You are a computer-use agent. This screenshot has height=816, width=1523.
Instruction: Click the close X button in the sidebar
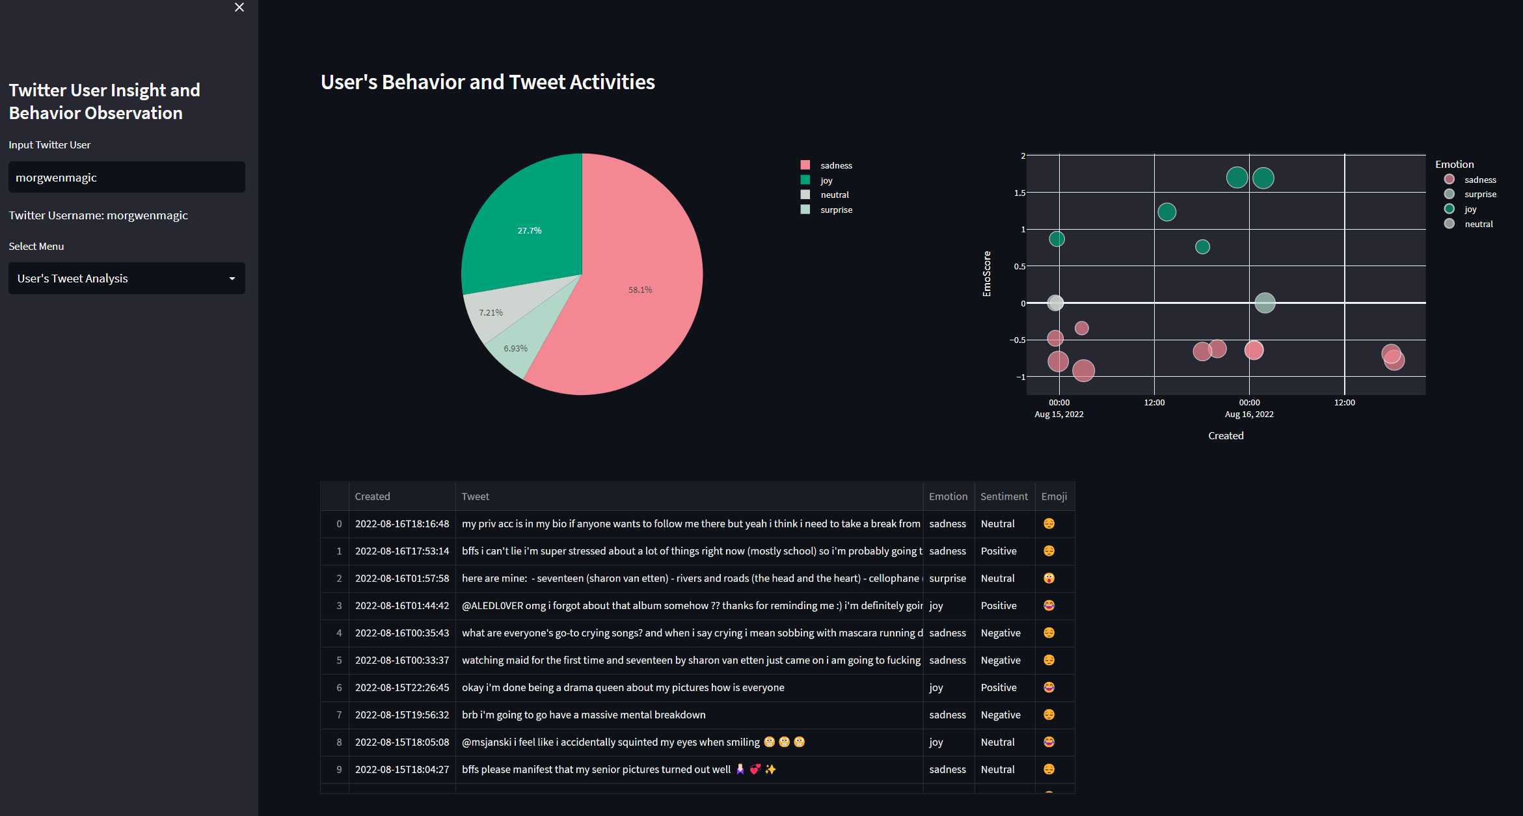point(239,7)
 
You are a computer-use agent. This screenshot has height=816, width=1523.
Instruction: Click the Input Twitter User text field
point(126,177)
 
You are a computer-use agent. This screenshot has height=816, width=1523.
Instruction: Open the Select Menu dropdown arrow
point(232,279)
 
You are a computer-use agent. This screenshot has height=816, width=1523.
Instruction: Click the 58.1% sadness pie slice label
point(640,290)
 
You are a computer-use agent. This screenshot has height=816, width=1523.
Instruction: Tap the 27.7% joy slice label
point(530,230)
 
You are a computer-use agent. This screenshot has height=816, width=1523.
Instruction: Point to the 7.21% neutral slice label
point(491,312)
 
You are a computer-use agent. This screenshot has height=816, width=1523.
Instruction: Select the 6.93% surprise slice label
point(515,348)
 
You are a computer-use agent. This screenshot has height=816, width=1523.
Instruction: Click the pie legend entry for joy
point(826,180)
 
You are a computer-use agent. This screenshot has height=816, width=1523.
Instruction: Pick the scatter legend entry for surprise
point(1480,194)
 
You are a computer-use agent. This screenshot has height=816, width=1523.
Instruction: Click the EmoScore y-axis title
point(987,274)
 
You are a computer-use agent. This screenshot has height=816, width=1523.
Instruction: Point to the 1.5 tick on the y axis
point(1019,193)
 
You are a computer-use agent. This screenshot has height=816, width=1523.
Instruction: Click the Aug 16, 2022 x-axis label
point(1249,414)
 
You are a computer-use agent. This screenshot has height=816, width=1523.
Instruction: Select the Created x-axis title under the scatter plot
point(1226,435)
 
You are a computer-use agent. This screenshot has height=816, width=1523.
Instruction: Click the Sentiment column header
point(1004,496)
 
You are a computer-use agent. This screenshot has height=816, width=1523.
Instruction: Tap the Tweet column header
point(475,496)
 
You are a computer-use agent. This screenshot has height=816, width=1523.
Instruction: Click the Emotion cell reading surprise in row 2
point(947,578)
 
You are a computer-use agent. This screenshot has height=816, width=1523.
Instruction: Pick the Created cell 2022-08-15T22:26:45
point(402,687)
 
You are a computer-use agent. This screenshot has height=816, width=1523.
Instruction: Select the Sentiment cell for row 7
point(1001,714)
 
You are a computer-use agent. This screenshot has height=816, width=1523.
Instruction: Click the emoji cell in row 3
point(1049,605)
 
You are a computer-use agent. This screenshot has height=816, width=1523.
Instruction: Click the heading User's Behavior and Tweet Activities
point(488,82)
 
